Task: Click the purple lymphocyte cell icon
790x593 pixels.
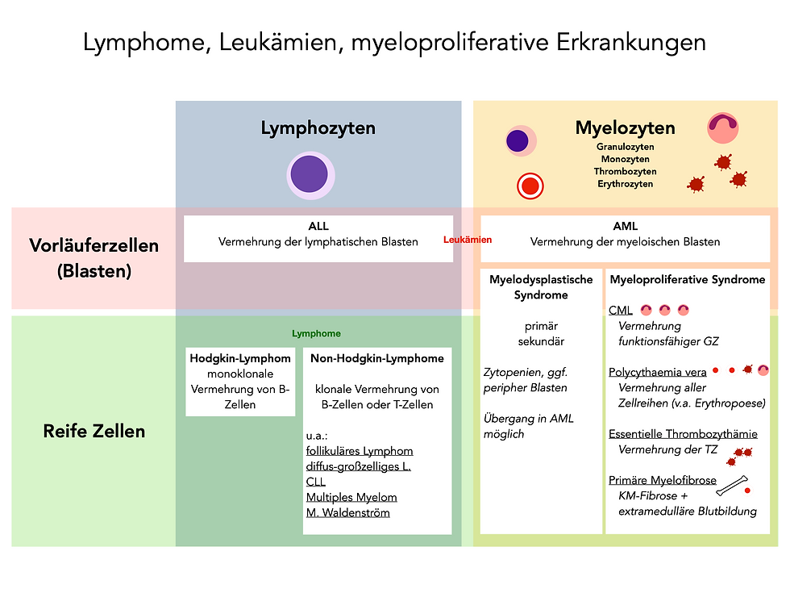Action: tap(310, 174)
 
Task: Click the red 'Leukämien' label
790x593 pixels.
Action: tap(468, 240)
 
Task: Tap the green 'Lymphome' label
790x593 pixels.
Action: tap(316, 333)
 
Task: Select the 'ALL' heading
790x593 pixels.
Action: tap(318, 227)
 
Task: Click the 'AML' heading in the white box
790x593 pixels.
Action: tap(625, 227)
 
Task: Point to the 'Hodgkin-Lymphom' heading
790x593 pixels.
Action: tap(240, 358)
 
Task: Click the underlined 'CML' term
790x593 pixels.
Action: tap(621, 311)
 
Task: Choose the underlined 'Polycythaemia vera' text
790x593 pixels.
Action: tap(658, 372)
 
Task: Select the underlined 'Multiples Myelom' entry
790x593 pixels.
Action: tap(351, 497)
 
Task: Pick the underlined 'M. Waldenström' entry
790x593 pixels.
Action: tap(347, 512)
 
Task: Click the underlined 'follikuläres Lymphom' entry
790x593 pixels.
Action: tap(360, 451)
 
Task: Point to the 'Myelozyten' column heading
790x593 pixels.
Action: tap(625, 127)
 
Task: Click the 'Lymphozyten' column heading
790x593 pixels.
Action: tap(318, 127)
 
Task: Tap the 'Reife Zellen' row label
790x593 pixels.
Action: tap(94, 431)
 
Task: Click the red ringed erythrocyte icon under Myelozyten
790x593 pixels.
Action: tap(530, 186)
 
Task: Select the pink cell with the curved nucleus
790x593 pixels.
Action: tap(722, 127)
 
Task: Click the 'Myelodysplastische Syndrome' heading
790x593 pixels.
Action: tap(541, 287)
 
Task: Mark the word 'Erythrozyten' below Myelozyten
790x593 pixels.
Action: tap(625, 184)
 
